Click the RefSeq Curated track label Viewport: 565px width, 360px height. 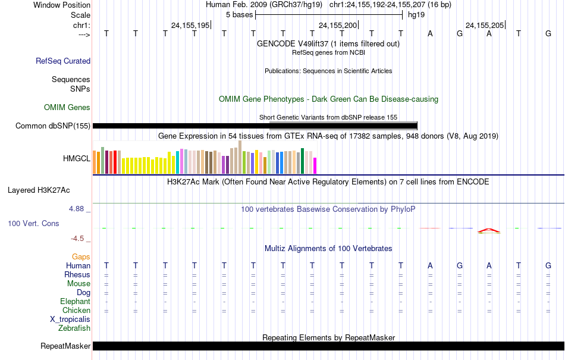(63, 61)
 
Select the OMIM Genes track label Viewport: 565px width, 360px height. (67, 107)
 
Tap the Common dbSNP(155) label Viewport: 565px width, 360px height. (53, 126)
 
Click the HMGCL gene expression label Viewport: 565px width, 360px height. (77, 158)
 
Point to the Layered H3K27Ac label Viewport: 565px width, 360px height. (39, 190)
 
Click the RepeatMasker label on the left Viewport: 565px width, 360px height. (65, 346)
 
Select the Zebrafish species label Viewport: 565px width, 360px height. (74, 328)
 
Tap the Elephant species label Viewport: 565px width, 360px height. (76, 302)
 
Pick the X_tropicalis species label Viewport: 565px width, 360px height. (70, 319)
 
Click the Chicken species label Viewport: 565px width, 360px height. (76, 310)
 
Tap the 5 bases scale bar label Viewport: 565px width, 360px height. (240, 14)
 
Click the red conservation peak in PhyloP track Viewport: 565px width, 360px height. (488, 230)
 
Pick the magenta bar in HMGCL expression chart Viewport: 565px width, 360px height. (315, 165)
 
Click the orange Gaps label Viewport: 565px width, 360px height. (81, 256)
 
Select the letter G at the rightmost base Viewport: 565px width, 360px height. (548, 33)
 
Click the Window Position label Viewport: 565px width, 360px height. (62, 5)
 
